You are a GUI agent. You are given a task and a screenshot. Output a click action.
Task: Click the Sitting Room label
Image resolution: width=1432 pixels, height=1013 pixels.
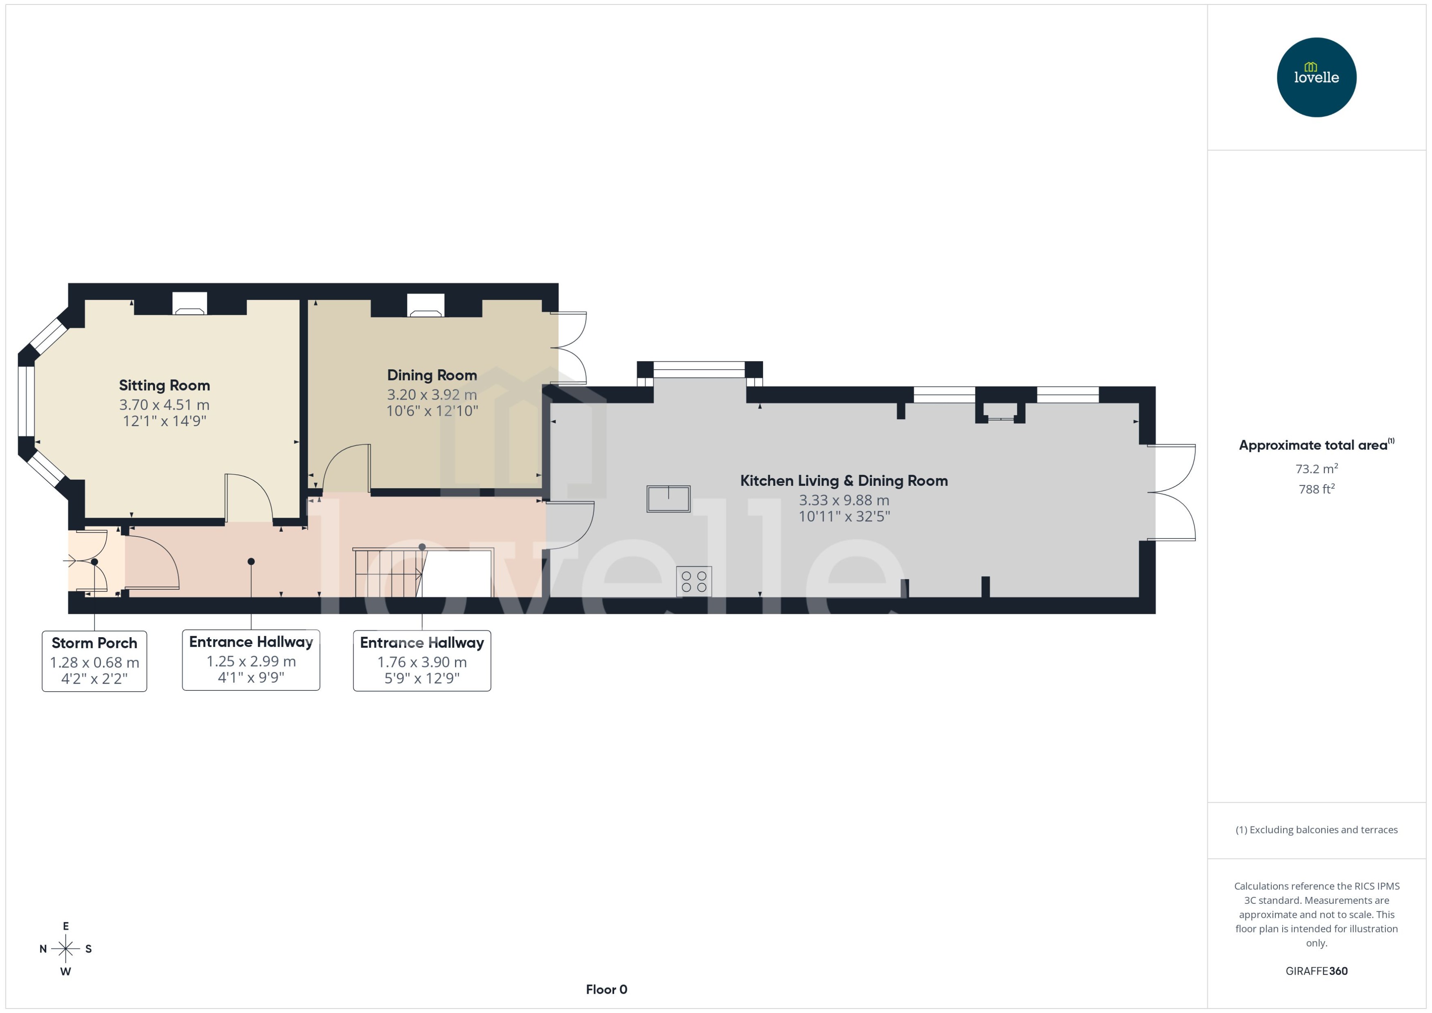(x=164, y=386)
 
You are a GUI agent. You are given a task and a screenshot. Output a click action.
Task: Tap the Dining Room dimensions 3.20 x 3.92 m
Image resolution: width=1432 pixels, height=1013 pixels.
(x=432, y=395)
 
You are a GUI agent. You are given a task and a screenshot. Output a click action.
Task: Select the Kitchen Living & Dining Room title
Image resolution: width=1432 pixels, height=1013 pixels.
(x=844, y=480)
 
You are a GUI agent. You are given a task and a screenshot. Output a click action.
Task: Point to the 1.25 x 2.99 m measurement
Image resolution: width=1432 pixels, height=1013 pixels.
(x=251, y=661)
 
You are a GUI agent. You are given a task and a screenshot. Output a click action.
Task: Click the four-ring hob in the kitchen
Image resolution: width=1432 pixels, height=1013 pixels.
(x=694, y=582)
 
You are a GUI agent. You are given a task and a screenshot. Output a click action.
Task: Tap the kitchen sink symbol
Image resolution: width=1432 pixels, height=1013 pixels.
(x=668, y=499)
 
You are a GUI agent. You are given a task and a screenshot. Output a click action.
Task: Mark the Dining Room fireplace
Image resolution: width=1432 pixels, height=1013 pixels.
(x=426, y=305)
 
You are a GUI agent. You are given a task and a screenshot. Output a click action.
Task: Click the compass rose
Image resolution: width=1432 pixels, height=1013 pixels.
(x=65, y=949)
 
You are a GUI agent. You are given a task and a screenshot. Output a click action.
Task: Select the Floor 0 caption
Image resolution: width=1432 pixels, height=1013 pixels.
(x=606, y=989)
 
